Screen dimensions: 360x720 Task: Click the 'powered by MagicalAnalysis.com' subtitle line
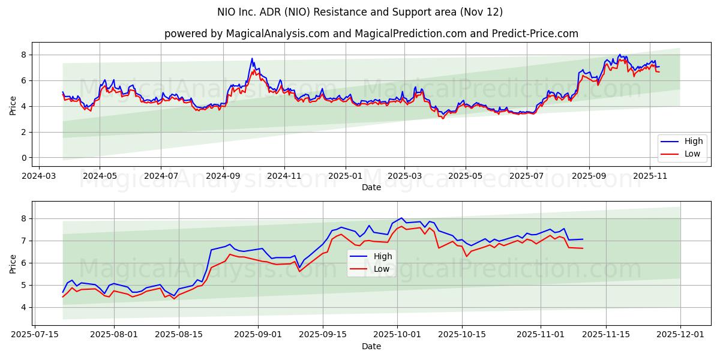click(371, 34)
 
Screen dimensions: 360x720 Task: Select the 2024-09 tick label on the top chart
click(223, 176)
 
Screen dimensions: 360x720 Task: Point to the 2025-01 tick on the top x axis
click(346, 176)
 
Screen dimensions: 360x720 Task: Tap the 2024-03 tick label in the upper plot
click(39, 176)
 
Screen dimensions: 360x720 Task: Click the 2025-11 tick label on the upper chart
click(650, 176)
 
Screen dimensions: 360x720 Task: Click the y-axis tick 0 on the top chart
click(24, 158)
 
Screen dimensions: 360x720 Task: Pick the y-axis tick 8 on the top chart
click(24, 55)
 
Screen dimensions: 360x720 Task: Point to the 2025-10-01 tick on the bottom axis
click(397, 335)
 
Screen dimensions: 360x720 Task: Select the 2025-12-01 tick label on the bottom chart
click(680, 335)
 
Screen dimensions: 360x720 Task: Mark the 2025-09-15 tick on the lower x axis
click(323, 335)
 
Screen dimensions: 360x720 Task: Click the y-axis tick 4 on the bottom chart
click(24, 307)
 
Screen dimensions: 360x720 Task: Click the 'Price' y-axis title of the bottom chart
click(13, 263)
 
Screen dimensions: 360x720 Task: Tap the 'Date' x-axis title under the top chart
click(371, 187)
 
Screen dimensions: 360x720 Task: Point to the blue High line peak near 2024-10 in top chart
click(252, 59)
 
